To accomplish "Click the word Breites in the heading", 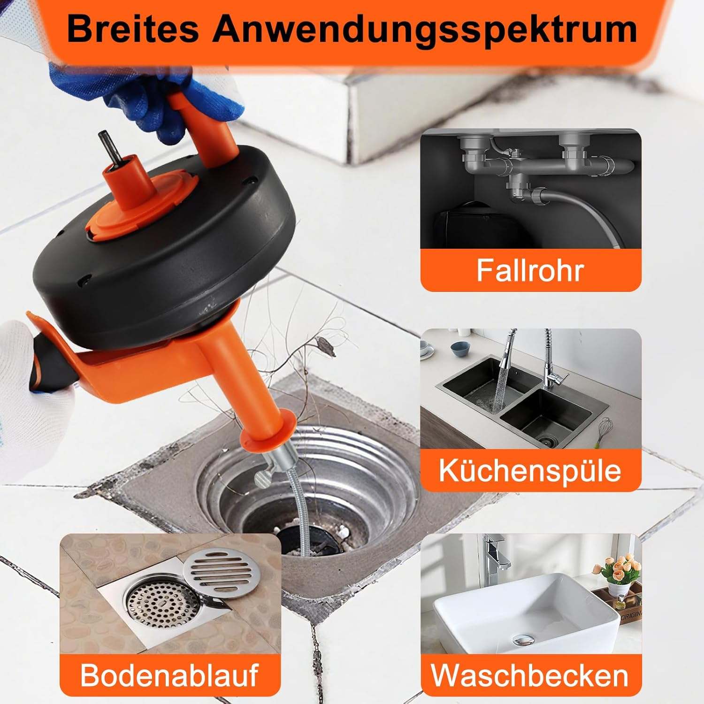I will click(x=134, y=29).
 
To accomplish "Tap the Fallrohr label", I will click(x=530, y=270).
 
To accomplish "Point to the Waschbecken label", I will click(x=530, y=675).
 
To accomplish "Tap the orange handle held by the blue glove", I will click(x=207, y=122).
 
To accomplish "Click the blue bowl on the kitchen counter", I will click(x=457, y=348).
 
